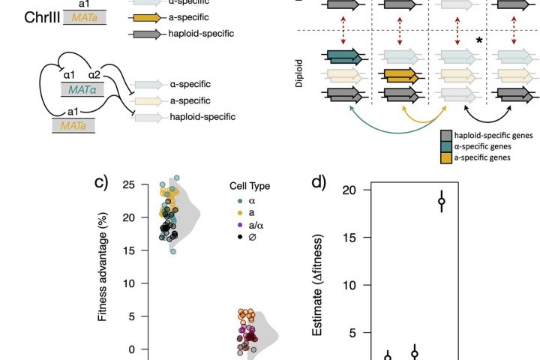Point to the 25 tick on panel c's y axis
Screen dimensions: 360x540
131,184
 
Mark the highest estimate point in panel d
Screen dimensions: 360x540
442,201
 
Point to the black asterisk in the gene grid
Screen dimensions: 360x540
478,40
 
